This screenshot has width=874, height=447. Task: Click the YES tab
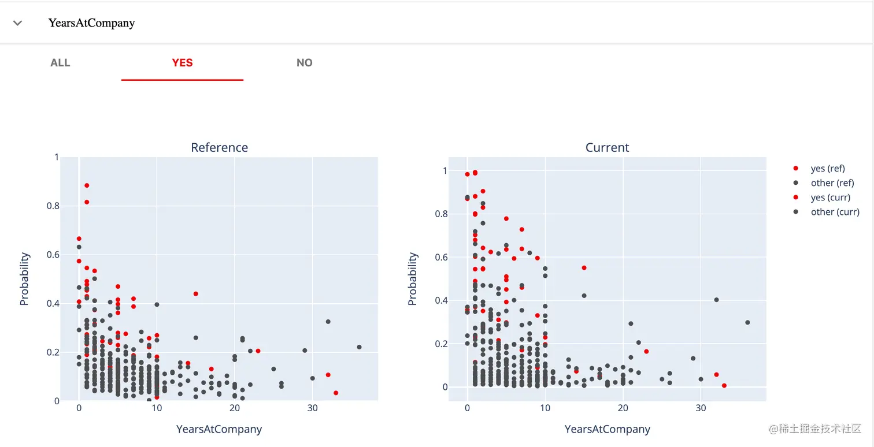click(182, 63)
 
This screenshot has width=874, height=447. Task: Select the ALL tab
click(60, 63)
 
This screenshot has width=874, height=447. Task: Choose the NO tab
click(304, 63)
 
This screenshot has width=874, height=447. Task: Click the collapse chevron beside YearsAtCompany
click(18, 23)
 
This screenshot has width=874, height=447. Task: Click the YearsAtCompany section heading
click(91, 23)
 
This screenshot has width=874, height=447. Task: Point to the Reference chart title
click(219, 148)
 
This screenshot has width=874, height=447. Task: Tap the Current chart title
click(607, 148)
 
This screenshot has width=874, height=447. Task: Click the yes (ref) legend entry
click(827, 169)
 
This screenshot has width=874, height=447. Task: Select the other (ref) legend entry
click(832, 183)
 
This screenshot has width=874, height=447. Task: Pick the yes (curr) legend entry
click(830, 198)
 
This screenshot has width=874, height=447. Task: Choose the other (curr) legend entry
click(835, 212)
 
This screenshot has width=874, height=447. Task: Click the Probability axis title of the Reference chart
click(24, 279)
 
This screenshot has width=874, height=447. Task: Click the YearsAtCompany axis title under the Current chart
click(607, 429)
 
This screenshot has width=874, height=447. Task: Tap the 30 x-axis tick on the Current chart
click(701, 408)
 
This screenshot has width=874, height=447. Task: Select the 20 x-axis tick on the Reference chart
click(234, 408)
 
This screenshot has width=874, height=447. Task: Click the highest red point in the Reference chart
click(87, 185)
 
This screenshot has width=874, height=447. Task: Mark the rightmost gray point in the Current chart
click(747, 322)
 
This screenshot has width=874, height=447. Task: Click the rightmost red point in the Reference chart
click(336, 393)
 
